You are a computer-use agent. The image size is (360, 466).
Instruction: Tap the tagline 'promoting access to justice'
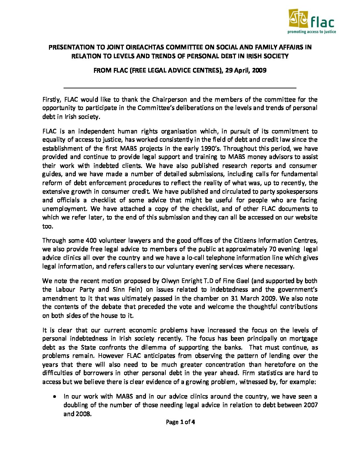click(x=311, y=32)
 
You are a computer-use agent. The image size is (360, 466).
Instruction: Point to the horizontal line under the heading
click(x=179, y=88)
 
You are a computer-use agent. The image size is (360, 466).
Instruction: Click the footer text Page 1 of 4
click(x=180, y=422)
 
